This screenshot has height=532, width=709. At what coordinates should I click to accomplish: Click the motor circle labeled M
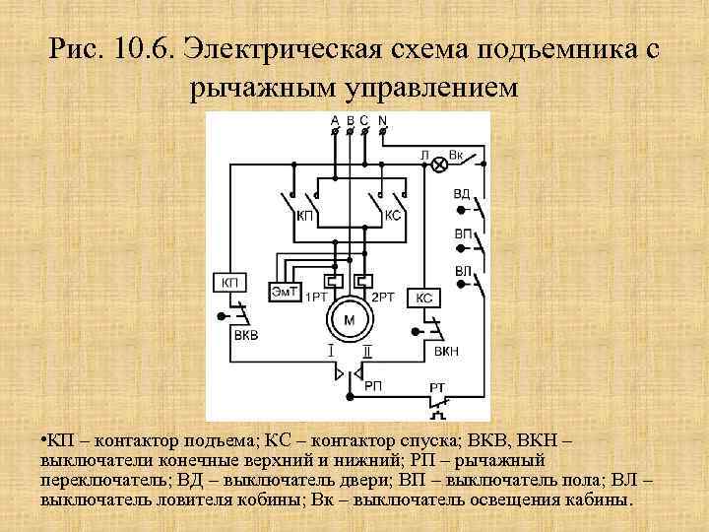tap(348, 319)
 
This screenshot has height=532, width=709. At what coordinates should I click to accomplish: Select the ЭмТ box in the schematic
tap(286, 291)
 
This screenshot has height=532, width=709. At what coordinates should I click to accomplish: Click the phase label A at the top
tap(335, 121)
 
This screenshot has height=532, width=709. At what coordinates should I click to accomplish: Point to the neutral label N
tap(382, 121)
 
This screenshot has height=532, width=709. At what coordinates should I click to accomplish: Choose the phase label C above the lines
tap(364, 121)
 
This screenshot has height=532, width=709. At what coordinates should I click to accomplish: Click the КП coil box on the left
tap(230, 283)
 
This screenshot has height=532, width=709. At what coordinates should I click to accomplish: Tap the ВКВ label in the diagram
tap(246, 335)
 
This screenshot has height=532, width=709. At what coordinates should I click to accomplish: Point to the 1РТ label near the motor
tap(316, 298)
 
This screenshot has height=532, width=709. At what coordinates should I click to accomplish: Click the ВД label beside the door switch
tap(462, 193)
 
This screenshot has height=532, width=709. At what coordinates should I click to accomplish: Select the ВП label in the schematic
tap(462, 233)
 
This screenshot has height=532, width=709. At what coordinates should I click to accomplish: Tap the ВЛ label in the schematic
tap(462, 270)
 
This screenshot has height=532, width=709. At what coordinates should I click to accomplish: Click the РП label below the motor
tap(373, 386)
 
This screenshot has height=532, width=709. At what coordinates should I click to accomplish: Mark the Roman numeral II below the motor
tap(366, 351)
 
